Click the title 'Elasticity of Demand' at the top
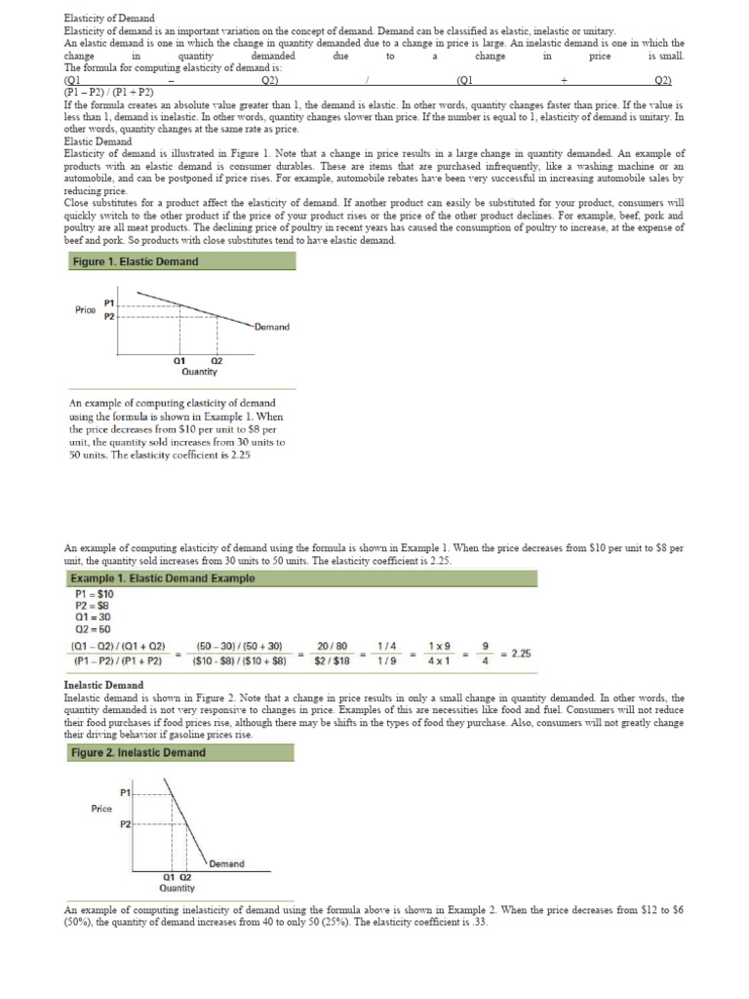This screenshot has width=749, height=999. [108, 19]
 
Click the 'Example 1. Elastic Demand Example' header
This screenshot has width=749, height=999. [163, 579]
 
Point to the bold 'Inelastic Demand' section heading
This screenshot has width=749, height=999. [103, 685]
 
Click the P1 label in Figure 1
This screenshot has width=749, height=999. [108, 302]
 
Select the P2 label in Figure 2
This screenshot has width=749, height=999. [125, 824]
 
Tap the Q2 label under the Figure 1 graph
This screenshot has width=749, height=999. [217, 361]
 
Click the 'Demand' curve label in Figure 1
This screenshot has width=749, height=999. [271, 327]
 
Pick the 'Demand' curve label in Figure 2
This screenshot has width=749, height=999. [226, 863]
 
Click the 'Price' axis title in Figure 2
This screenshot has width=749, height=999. [101, 808]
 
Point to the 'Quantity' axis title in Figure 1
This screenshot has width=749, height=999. [199, 372]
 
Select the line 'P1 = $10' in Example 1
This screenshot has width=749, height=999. [95, 593]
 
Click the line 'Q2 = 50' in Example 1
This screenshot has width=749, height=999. [94, 629]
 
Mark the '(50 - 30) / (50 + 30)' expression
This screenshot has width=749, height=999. [239, 646]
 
